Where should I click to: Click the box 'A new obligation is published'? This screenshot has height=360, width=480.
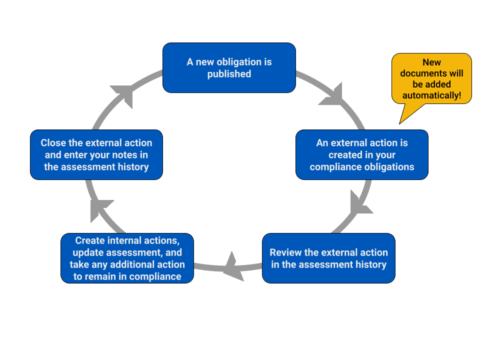[229, 67]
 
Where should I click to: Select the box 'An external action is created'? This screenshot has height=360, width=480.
[361, 154]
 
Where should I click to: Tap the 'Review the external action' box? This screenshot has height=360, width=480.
[328, 258]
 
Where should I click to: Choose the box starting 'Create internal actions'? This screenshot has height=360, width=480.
[127, 258]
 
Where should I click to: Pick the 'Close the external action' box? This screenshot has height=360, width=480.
[96, 154]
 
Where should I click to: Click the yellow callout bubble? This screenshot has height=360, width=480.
[431, 78]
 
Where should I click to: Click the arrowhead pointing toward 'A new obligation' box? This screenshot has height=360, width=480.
[123, 94]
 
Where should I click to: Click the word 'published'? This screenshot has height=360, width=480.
[229, 74]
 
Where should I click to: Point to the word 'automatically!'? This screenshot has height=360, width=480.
[431, 95]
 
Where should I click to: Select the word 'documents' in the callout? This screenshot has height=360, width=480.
[431, 73]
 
